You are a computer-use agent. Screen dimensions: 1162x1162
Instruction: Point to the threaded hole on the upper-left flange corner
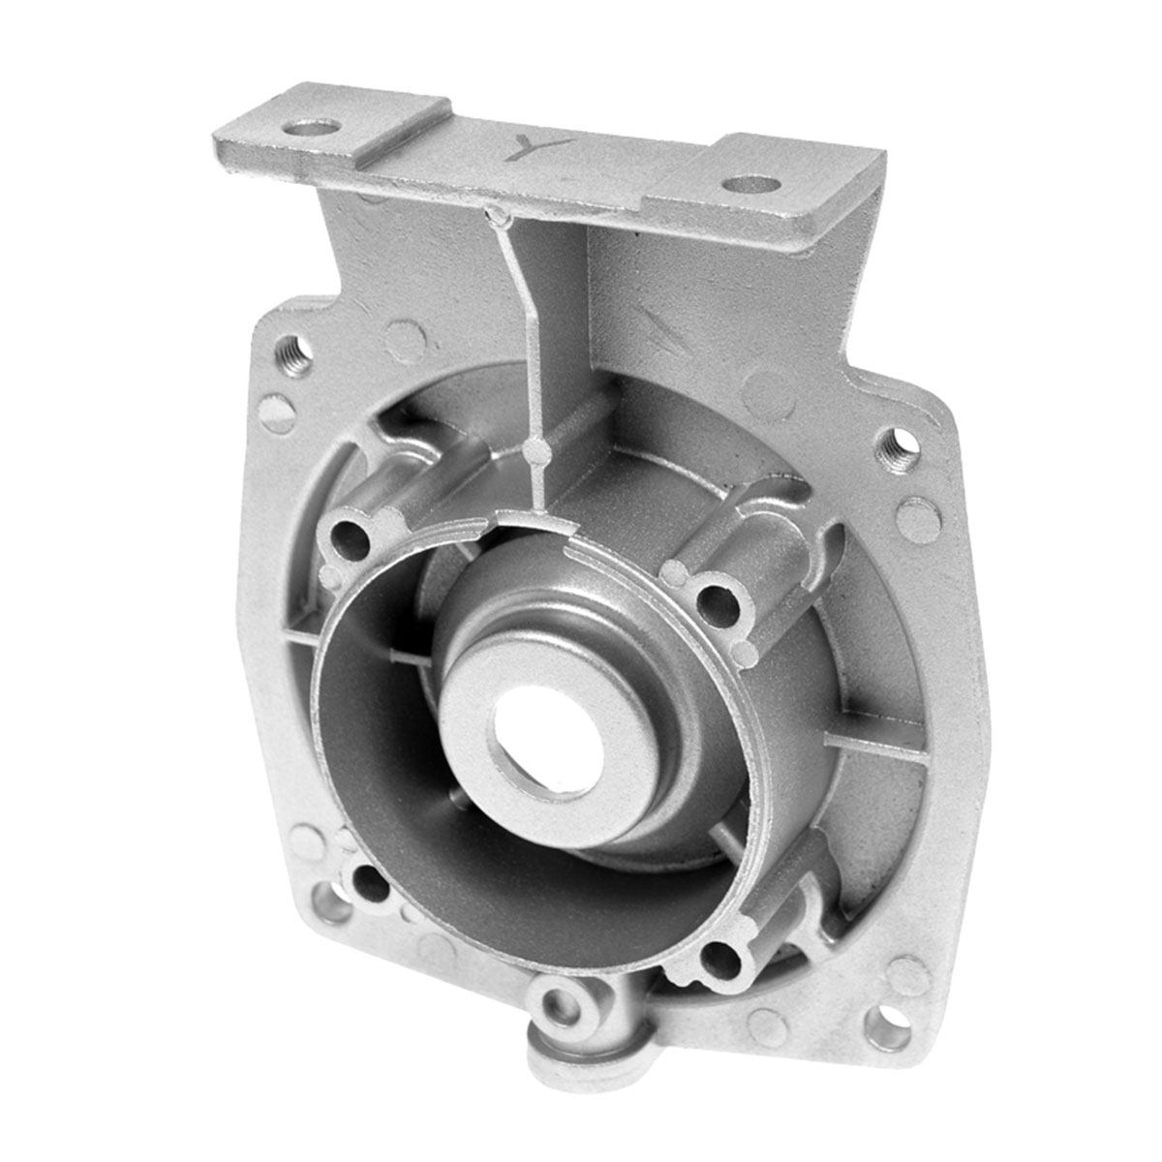296,353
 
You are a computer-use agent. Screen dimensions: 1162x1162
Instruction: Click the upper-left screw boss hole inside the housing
351,539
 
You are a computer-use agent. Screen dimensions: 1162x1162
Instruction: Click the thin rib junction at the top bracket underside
496,215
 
